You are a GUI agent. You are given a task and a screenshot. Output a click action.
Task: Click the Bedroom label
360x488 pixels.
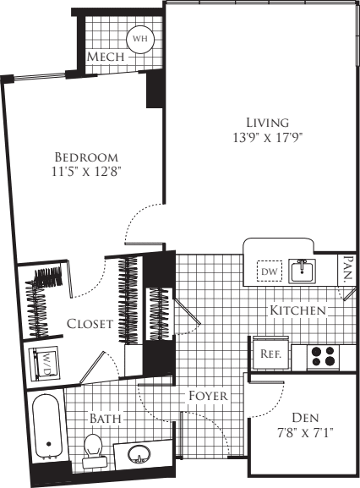point(85,157)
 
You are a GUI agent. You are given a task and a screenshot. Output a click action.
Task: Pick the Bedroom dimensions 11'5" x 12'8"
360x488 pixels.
point(85,173)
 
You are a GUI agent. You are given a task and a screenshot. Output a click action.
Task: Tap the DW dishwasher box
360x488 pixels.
point(270,271)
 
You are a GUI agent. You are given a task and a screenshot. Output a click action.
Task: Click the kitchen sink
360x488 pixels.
point(302,271)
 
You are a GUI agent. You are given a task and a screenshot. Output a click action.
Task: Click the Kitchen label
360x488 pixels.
point(297,310)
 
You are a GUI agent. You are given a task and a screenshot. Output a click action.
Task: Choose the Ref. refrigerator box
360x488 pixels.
point(270,354)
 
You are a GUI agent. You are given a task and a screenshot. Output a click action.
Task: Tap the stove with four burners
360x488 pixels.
point(322,354)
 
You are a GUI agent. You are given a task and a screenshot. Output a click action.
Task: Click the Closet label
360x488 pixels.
point(90,324)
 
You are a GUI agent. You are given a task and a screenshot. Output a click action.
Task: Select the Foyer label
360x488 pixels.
point(206,396)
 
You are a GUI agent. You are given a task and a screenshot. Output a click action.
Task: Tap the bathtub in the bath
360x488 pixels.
point(47,429)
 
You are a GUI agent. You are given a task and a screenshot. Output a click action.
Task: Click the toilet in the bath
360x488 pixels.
point(93,449)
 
